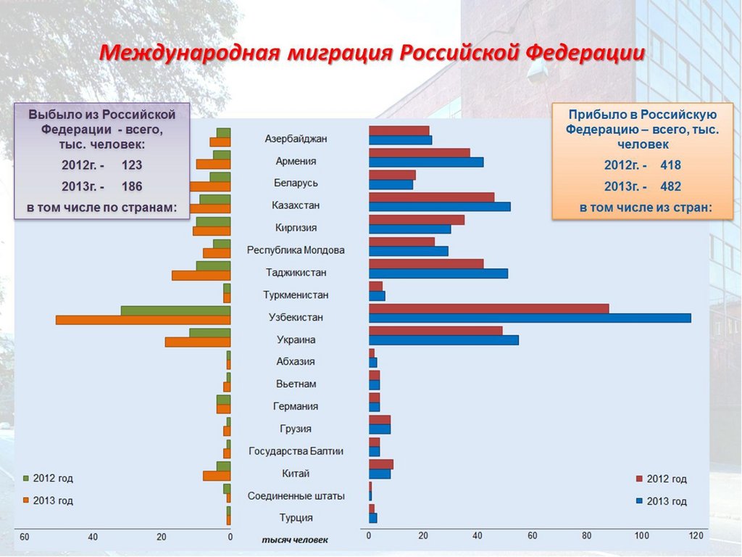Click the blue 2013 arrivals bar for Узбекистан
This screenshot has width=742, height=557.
pyautogui.click(x=530, y=318)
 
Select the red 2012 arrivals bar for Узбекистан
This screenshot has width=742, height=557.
pyautogui.click(x=489, y=308)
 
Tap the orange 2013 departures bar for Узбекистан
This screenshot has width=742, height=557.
pyautogui.click(x=143, y=320)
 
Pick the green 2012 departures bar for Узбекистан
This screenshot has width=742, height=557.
pyautogui.click(x=175, y=310)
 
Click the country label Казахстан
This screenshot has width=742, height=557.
pyautogui.click(x=296, y=205)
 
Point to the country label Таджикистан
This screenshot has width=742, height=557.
pyautogui.click(x=296, y=273)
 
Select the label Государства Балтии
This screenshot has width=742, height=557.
pyautogui.click(x=296, y=451)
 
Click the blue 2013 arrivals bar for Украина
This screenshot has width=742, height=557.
pyautogui.click(x=443, y=340)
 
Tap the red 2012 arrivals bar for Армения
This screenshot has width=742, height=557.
pyautogui.click(x=420, y=152)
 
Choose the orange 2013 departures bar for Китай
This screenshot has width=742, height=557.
pyautogui.click(x=217, y=476)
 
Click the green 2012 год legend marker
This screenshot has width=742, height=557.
pyautogui.click(x=26, y=479)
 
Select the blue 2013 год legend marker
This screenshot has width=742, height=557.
pyautogui.click(x=639, y=501)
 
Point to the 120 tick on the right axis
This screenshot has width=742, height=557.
pyautogui.click(x=696, y=536)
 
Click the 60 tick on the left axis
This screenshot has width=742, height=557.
pyautogui.click(x=24, y=537)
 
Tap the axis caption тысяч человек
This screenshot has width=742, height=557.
pyautogui.click(x=295, y=540)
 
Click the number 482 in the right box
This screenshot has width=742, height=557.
pyautogui.click(x=670, y=186)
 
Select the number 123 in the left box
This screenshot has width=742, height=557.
pyautogui.click(x=131, y=165)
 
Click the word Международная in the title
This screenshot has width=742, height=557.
pyautogui.click(x=189, y=53)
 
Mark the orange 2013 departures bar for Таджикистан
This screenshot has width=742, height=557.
pyautogui.click(x=201, y=276)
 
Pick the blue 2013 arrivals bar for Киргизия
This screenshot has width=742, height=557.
pyautogui.click(x=409, y=228)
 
